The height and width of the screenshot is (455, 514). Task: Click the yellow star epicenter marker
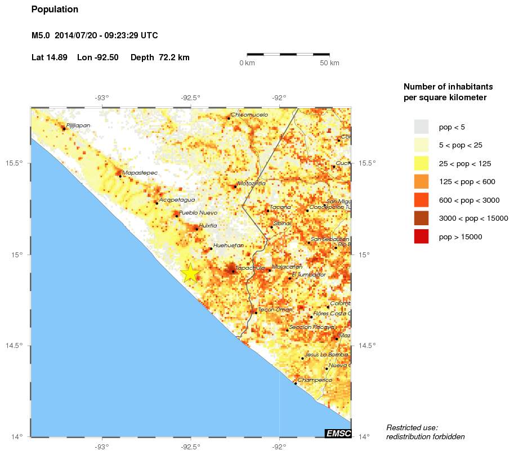coord(191,273)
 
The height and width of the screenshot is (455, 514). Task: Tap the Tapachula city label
coord(251,268)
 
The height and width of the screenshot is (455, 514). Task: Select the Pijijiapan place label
coord(78,126)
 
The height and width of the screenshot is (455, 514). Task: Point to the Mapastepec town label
coord(140,172)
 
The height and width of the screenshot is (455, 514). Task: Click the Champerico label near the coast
coord(315,380)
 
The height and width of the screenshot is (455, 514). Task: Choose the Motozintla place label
coord(251,183)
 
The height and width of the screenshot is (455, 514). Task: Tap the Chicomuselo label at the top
coord(249,114)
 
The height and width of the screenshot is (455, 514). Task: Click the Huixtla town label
coord(208,225)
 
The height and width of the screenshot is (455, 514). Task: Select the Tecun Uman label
coord(275,309)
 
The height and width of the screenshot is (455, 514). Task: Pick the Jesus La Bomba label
coord(324,354)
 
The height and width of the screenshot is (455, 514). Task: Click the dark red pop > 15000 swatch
coord(421,237)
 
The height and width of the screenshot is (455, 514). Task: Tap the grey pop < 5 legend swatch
coord(421,126)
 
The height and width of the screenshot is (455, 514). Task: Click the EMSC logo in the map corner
coord(338,433)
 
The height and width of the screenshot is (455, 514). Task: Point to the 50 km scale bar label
coord(329,63)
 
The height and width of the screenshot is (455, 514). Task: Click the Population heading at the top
coord(55,10)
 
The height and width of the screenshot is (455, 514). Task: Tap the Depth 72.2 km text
coord(160,57)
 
